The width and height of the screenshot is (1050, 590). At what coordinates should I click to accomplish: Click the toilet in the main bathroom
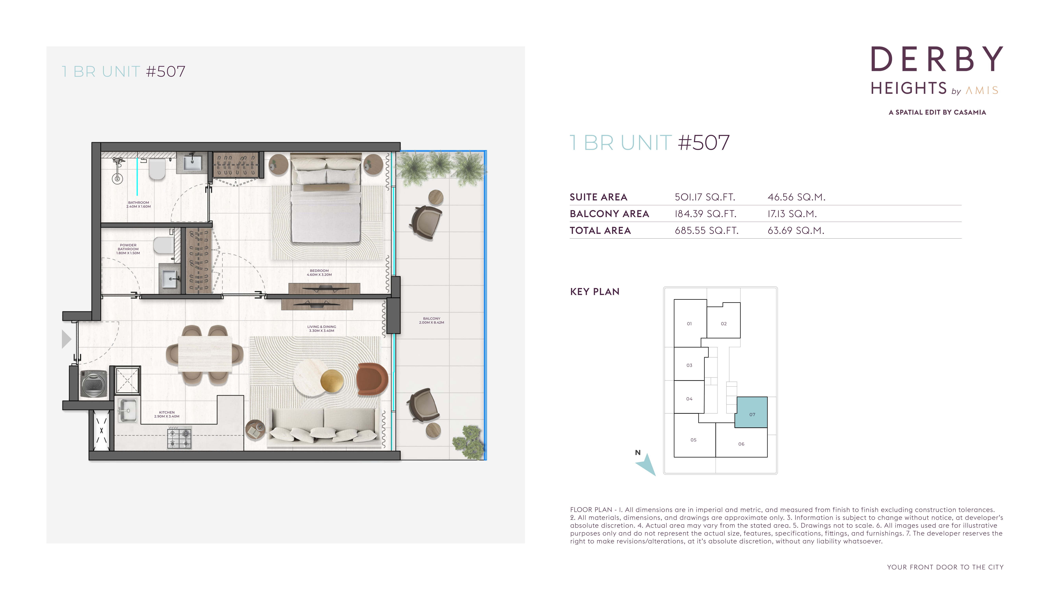pos(157,169)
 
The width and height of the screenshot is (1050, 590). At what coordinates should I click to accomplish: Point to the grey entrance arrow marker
pos(66,339)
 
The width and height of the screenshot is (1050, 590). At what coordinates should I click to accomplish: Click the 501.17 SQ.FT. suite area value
pos(705,197)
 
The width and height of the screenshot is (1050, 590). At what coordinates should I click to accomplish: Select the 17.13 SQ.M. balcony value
pos(792,214)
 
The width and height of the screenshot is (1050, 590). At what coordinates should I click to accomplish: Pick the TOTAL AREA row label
pos(600,231)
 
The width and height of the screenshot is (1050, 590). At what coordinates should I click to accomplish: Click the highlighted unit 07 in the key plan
pos(751,412)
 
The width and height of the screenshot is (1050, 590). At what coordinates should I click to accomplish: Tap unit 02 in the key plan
pos(724,321)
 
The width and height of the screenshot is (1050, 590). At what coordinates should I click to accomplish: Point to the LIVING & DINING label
pos(322,329)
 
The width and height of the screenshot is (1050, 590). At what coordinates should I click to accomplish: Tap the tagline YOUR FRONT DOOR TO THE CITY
pos(945,567)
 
